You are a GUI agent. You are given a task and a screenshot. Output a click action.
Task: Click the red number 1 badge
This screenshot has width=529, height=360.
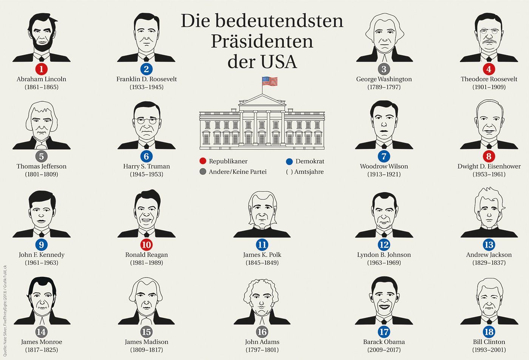(41, 69)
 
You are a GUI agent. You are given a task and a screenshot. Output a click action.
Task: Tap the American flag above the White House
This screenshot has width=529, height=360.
(270, 81)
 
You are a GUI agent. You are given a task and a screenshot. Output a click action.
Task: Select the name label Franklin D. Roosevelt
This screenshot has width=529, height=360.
(146, 79)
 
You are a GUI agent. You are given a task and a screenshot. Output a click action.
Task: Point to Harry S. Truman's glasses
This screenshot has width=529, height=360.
(146, 121)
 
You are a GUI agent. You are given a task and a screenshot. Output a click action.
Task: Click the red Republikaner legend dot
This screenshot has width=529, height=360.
(203, 161)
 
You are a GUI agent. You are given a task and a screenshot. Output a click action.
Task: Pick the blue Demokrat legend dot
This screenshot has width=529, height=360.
(289, 161)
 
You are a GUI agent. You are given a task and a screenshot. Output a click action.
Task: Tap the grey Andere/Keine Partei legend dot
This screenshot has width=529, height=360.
(203, 172)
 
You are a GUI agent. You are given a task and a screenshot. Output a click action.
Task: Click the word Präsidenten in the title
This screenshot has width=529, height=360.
(262, 41)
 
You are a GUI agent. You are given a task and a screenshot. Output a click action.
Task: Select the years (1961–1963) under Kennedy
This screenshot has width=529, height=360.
(41, 262)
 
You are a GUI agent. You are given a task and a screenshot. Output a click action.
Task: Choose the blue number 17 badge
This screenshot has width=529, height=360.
(384, 332)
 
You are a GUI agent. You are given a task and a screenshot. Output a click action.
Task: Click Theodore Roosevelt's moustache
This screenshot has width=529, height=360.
(489, 40)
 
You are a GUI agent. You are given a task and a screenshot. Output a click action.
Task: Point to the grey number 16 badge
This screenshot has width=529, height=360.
(262, 332)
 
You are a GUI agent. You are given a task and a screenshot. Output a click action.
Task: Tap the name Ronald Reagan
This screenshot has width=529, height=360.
(146, 254)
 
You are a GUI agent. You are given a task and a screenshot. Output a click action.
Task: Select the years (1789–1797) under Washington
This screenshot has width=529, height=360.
(384, 87)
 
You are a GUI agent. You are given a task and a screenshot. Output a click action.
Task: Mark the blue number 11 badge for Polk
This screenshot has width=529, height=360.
(262, 245)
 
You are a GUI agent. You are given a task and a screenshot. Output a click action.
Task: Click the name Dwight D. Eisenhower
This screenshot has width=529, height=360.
(489, 166)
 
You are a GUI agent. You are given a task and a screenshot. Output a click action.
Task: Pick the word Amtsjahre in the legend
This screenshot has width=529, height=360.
(309, 172)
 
